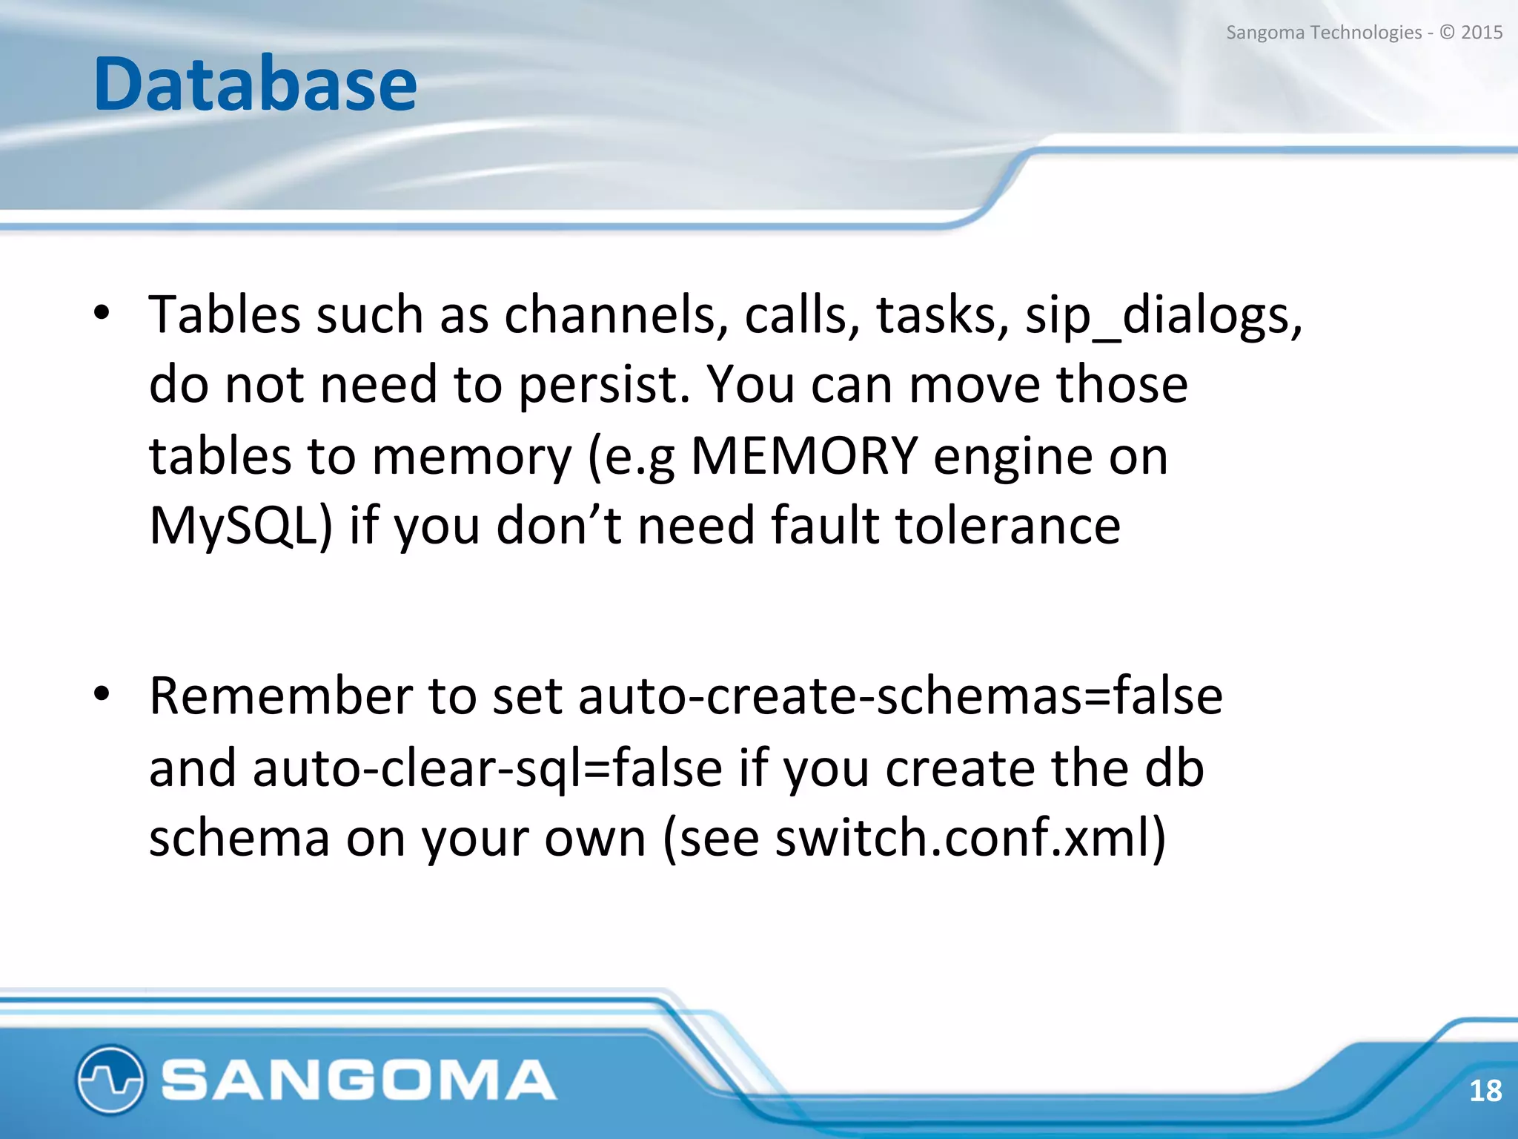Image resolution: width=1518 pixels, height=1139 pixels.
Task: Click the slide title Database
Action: [x=255, y=85]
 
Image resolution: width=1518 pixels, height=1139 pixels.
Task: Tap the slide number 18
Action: [x=1485, y=1091]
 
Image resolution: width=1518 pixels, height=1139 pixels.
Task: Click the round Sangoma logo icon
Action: [x=110, y=1080]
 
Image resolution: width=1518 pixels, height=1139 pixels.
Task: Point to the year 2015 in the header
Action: [x=1482, y=33]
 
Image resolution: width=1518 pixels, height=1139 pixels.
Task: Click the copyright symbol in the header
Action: [x=1447, y=33]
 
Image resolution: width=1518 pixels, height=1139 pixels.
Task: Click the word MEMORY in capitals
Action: [x=804, y=455]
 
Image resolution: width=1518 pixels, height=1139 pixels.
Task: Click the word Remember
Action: [x=280, y=696]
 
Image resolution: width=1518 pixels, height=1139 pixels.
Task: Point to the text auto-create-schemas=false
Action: [x=900, y=696]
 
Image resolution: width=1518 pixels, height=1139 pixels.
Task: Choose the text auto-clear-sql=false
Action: [x=488, y=768]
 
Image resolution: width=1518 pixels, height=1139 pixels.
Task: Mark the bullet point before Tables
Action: [x=102, y=314]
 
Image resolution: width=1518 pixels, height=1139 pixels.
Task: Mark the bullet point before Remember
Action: [x=102, y=695]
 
